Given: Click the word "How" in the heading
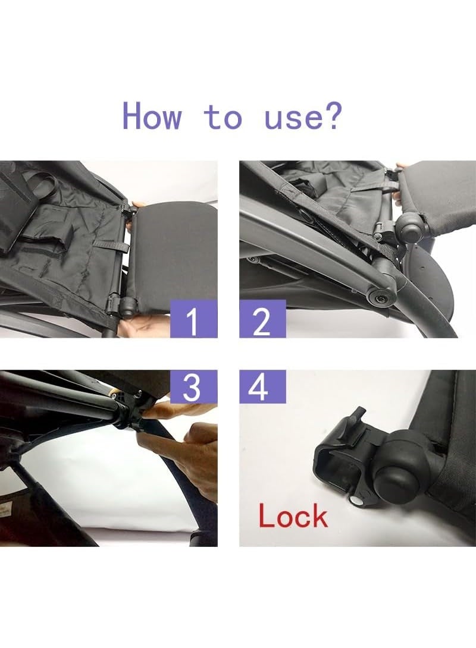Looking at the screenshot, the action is (x=152, y=117).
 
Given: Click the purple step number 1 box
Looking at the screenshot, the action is (x=193, y=319).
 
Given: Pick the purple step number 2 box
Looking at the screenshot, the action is (x=262, y=319).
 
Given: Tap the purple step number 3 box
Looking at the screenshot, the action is (x=193, y=387).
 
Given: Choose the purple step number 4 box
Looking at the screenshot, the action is (x=262, y=387).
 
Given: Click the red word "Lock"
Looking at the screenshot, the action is (x=293, y=517).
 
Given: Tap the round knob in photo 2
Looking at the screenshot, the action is (x=409, y=227).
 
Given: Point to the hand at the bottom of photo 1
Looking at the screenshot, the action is (x=145, y=326).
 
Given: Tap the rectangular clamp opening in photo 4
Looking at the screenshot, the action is (x=334, y=464).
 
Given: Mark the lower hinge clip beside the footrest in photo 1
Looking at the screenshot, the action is (x=121, y=305).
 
